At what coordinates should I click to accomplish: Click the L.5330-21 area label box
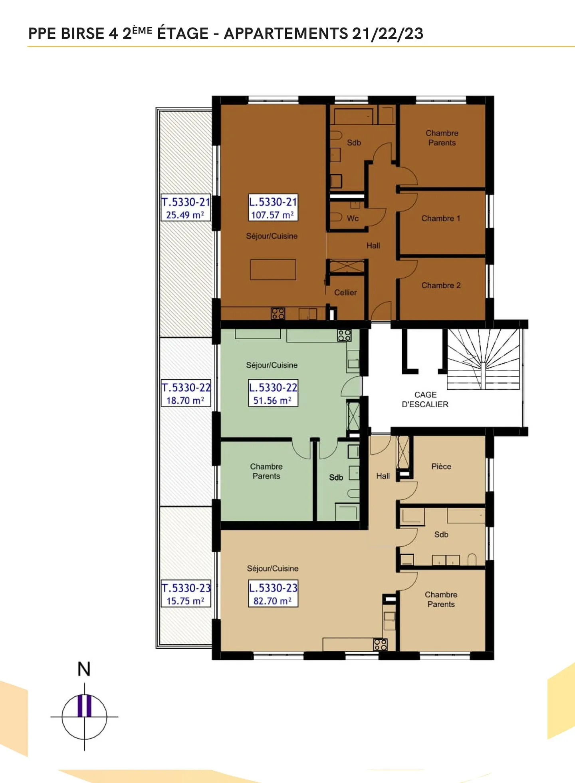[273, 208]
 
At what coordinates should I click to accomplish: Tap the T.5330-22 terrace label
[186, 393]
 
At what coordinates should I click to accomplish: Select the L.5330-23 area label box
[273, 594]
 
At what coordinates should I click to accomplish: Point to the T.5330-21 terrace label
[186, 208]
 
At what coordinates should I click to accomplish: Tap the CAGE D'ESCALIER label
[425, 400]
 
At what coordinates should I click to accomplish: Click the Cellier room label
[345, 293]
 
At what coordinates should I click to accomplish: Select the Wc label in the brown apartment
[353, 218]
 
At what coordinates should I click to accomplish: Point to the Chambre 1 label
[441, 218]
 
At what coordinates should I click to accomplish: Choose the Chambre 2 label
[441, 285]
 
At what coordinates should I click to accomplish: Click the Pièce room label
[441, 466]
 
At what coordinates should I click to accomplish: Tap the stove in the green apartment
[344, 335]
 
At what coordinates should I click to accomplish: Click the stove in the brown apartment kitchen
[278, 313]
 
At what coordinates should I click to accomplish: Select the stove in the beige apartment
[380, 645]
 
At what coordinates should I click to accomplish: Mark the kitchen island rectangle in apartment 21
[273, 270]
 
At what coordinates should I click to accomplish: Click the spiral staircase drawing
[483, 359]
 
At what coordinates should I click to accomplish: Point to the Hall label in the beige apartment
[383, 476]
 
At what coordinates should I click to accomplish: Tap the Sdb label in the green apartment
[336, 478]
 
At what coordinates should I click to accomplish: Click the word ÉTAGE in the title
[182, 33]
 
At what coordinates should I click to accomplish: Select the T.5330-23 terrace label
[186, 594]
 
